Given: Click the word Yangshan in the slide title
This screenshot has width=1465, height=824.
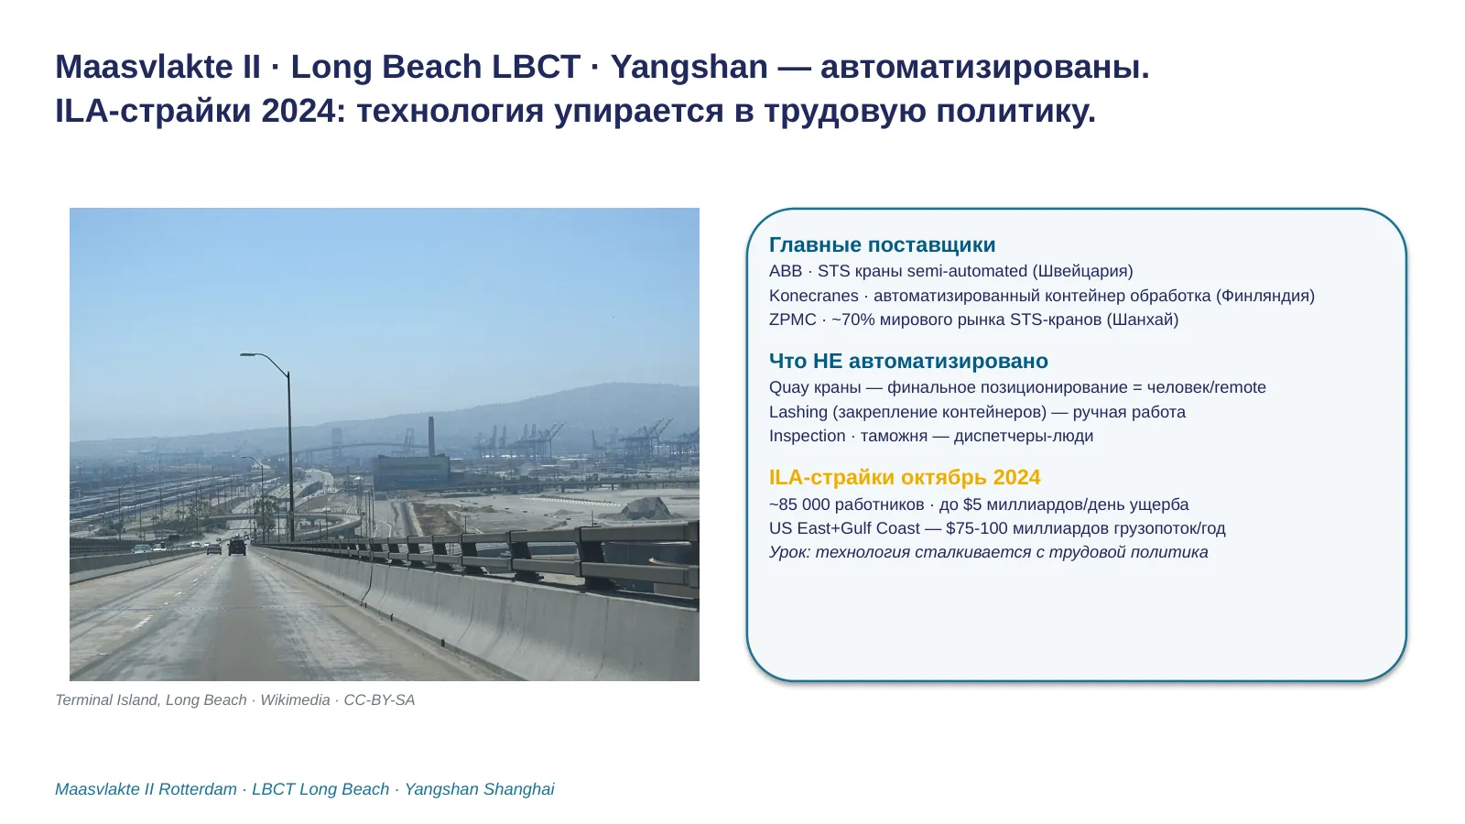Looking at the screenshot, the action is click(689, 67).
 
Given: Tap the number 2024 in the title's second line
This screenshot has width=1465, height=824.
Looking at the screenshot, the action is click(298, 110).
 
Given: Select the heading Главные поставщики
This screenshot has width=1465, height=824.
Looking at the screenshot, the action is click(883, 244).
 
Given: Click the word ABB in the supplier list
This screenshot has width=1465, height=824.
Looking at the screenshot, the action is click(786, 271).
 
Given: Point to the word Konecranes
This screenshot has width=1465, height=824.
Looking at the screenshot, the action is click(814, 296).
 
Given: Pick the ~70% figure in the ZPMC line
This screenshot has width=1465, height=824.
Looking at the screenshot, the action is click(852, 320).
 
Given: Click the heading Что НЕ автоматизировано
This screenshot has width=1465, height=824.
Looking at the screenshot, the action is click(908, 361).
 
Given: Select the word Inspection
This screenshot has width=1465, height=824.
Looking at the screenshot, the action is click(807, 436).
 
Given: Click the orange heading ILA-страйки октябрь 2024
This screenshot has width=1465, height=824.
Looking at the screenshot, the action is click(905, 477).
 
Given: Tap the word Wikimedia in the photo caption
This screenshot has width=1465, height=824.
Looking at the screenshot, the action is click(295, 700).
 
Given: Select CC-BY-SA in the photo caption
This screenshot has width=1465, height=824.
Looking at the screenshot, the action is click(379, 700).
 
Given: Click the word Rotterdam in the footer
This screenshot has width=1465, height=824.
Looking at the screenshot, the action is click(198, 789).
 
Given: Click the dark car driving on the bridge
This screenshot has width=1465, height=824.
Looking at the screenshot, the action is click(237, 548).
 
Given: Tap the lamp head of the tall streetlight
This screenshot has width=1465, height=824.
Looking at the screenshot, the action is click(248, 355).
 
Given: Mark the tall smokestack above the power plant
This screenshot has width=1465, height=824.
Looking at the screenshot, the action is click(431, 437).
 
